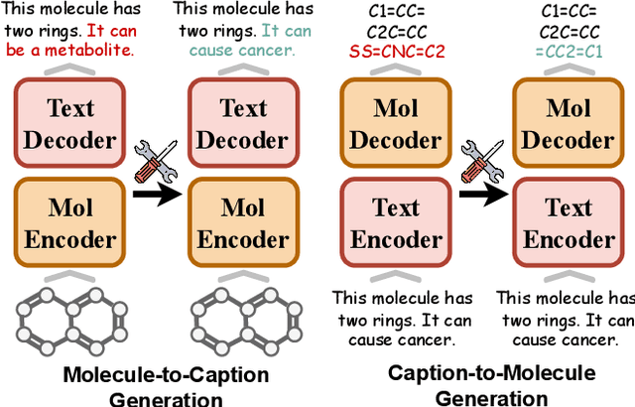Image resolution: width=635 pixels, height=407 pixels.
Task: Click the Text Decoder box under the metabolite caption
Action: (69, 123)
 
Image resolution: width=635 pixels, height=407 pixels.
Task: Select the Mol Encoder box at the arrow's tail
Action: (69, 223)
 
